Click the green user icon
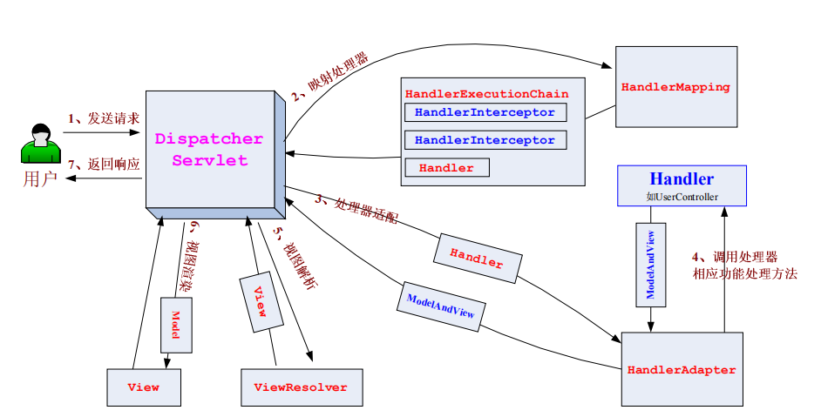(40, 145)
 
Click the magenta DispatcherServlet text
(209, 150)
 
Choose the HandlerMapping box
(675, 87)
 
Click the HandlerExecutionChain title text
(486, 93)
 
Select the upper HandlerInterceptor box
(485, 112)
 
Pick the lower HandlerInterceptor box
(485, 140)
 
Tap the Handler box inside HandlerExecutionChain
(446, 167)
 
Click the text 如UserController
(682, 198)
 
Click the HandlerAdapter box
(682, 370)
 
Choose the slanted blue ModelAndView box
(441, 306)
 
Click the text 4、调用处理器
(734, 257)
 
